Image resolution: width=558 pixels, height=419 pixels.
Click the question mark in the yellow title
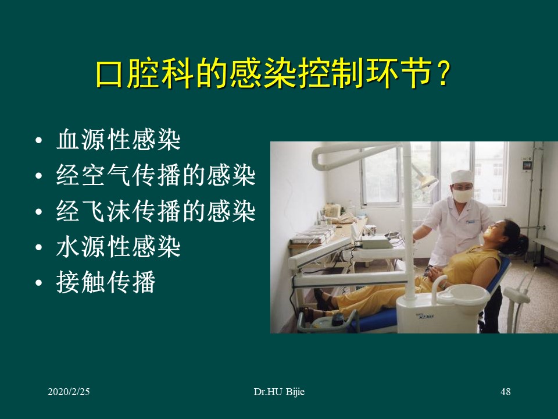pos(442,75)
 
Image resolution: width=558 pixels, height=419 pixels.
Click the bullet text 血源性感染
pos(118,141)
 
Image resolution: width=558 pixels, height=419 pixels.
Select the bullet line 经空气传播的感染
pos(156,176)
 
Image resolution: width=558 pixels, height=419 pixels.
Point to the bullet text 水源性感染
pos(118,247)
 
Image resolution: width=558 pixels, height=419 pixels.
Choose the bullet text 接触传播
pos(106,283)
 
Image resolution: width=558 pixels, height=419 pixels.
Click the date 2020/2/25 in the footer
pos(69,392)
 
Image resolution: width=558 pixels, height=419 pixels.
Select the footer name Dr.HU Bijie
pos(279,392)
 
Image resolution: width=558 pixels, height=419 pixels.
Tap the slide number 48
pos(505,392)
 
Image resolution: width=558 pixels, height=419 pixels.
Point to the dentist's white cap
pos(463,176)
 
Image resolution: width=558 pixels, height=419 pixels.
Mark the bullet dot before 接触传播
pos(38,283)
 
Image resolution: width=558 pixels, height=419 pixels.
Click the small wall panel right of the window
pos(527,165)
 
